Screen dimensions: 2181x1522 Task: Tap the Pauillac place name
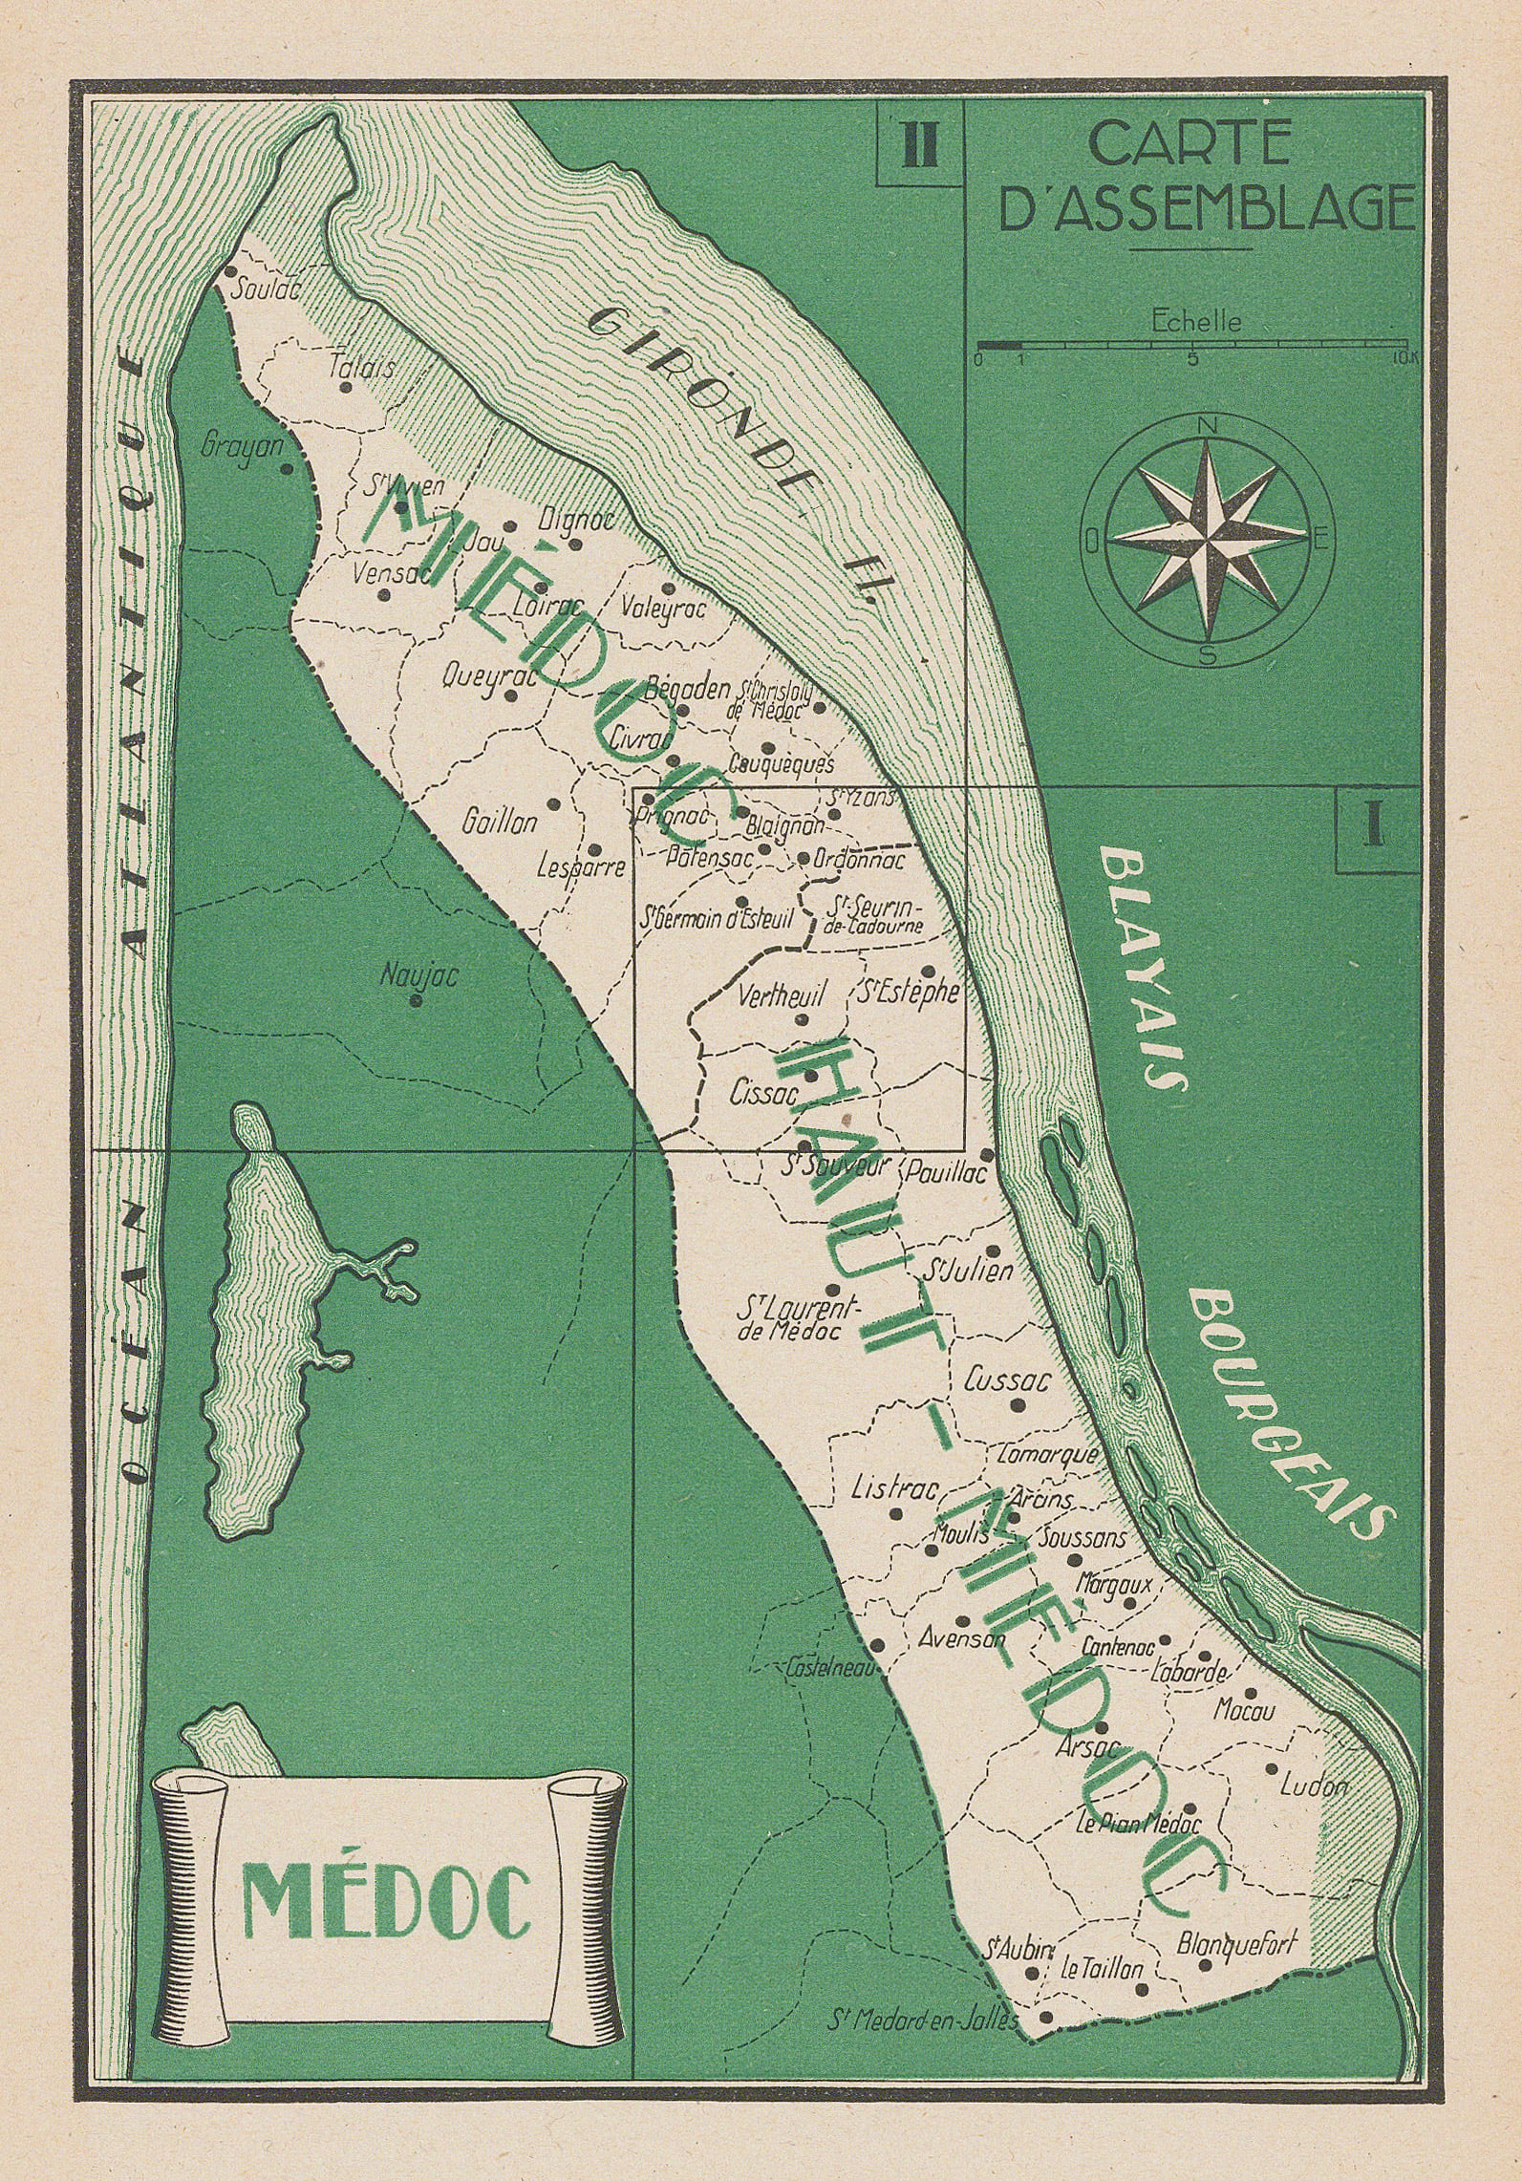coord(944,1171)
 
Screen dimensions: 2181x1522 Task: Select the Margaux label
coord(1113,1583)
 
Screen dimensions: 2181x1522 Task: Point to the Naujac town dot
coord(416,1001)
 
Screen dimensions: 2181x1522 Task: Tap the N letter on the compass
coord(1208,425)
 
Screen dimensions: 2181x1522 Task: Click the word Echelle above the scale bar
coord(1196,321)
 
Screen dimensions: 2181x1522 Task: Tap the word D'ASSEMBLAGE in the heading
coord(1207,209)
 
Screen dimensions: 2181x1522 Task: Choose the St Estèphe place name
coord(908,994)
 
